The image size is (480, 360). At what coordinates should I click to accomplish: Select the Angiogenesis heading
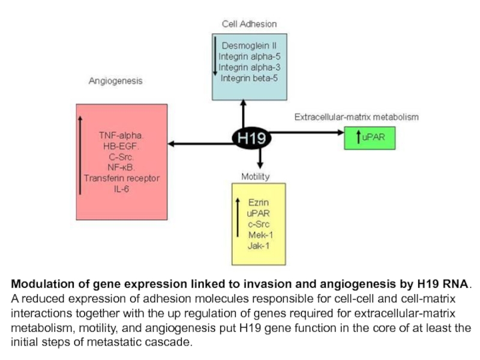pos(116,81)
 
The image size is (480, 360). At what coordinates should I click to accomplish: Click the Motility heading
pos(255,176)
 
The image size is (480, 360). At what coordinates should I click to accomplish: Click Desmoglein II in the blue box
pos(249,45)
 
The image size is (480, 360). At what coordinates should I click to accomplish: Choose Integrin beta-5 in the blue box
pos(249,77)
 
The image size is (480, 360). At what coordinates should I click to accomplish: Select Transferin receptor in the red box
pos(122,178)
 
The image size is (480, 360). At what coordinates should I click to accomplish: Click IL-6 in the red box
pos(122,189)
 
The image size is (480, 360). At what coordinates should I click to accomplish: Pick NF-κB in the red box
pos(122,167)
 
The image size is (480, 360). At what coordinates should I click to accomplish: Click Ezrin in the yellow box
pos(258,202)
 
